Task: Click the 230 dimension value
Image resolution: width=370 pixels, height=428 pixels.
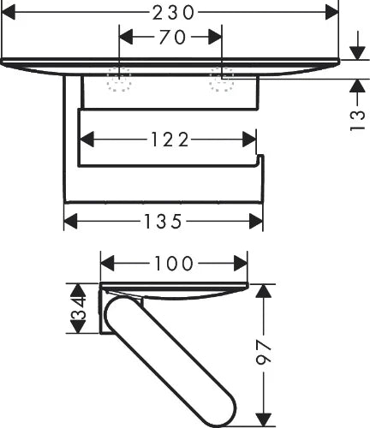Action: [173, 13]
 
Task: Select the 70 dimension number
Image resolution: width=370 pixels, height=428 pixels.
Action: [172, 37]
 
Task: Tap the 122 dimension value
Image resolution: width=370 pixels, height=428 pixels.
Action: [170, 140]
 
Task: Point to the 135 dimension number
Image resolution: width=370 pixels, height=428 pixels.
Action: [163, 221]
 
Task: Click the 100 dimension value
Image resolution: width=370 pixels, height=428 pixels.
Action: [174, 264]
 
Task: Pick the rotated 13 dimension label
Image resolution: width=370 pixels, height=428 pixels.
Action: [357, 121]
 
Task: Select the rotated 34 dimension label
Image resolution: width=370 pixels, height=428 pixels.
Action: [78, 309]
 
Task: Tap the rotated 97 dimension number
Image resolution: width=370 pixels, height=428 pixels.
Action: [263, 352]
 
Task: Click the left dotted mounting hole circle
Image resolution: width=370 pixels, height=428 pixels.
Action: [119, 80]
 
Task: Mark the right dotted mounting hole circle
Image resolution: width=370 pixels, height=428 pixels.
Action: [222, 80]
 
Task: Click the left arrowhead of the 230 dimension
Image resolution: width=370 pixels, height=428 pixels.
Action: [9, 13]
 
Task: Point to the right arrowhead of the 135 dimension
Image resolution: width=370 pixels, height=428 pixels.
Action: [256, 222]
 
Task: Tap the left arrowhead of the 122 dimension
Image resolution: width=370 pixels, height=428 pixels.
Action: [87, 140]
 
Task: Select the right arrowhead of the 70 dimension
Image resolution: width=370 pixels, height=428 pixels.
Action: [215, 37]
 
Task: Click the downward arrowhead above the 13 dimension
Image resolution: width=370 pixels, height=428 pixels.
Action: [357, 53]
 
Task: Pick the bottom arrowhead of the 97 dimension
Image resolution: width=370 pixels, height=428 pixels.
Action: [263, 420]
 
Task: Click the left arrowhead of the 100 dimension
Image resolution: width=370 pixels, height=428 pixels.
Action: [107, 264]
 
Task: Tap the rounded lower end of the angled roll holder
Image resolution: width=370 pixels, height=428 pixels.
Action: [224, 413]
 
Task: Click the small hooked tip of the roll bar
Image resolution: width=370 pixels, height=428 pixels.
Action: [260, 158]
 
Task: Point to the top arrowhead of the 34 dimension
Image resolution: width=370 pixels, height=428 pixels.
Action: [78, 291]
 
